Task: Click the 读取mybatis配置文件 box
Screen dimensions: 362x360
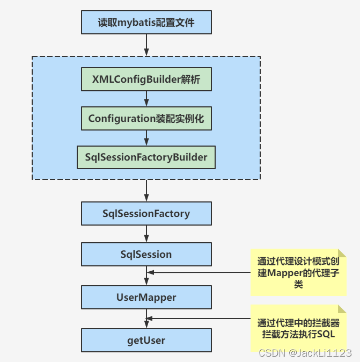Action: click(x=146, y=23)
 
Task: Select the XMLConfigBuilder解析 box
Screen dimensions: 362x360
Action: click(x=146, y=79)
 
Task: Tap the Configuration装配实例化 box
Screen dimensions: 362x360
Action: click(x=146, y=119)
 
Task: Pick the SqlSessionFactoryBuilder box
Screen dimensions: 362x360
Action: click(x=146, y=157)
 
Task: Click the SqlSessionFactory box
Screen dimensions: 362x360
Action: click(x=146, y=213)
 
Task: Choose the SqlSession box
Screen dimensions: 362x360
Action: click(x=146, y=254)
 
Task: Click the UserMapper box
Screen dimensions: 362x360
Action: click(x=146, y=297)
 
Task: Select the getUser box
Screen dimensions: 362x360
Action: click(x=146, y=340)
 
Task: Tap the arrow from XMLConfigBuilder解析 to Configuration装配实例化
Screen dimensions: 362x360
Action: click(x=146, y=99)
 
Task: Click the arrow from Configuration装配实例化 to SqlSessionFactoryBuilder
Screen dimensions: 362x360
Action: click(x=146, y=138)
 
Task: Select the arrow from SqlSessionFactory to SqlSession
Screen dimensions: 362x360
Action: click(x=146, y=234)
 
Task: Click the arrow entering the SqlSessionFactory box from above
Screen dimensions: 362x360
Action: click(x=146, y=191)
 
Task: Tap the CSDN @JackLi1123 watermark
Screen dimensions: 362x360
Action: click(x=305, y=353)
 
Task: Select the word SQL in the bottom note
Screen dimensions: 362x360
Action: click(x=327, y=334)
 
